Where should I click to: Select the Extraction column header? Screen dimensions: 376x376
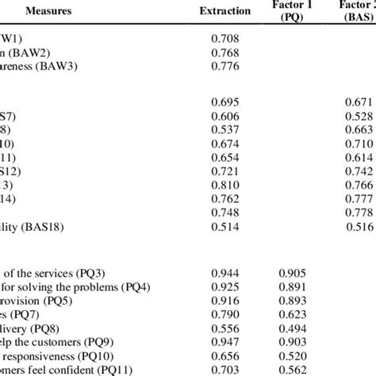(x=224, y=12)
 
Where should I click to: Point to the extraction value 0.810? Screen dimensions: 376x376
(x=224, y=184)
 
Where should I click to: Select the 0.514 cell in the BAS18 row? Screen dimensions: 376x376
(x=224, y=225)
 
